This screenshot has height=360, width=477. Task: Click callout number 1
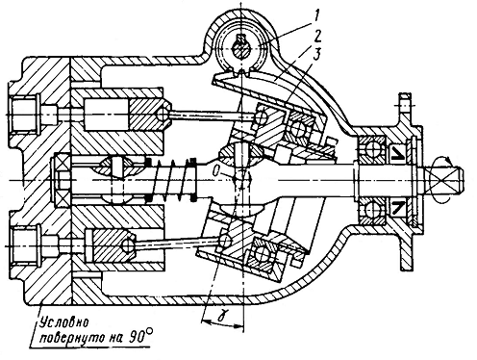click(316, 16)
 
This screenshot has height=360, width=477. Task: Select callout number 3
click(315, 55)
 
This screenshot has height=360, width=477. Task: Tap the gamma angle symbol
click(220, 317)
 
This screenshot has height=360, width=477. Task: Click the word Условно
click(63, 322)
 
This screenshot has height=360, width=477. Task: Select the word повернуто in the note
click(78, 338)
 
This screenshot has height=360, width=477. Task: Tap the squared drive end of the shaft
click(446, 179)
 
